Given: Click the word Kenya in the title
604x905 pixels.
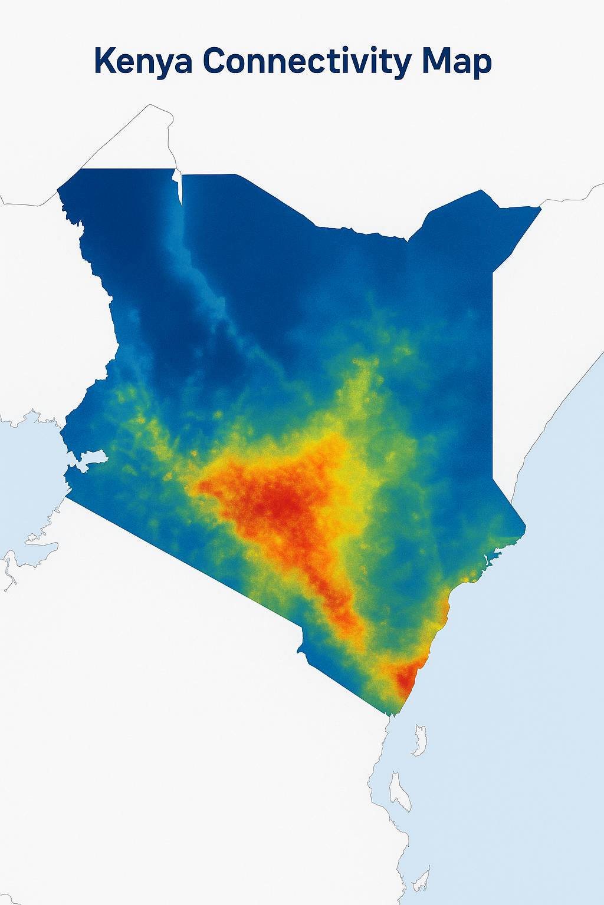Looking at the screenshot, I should pyautogui.click(x=143, y=62).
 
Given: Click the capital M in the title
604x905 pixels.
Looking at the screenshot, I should pyautogui.click(x=435, y=61).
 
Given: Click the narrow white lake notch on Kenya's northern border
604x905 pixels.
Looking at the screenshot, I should pyautogui.click(x=179, y=186).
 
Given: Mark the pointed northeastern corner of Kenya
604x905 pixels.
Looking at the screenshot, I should pyautogui.click(x=540, y=208).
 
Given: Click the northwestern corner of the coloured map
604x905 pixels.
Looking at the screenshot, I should pyautogui.click(x=59, y=190).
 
